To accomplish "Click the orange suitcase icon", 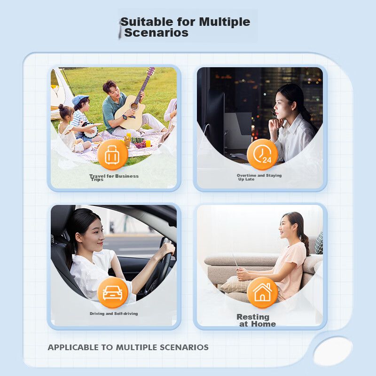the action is pos(112,155).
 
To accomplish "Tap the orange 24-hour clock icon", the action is pos(262,155).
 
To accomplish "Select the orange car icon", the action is pos(112,292).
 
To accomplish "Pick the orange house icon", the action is pos(262,292).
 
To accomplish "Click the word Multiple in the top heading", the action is pos(225,22).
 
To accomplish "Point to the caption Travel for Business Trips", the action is pos(114,178).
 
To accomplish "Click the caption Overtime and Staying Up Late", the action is pos(259,177).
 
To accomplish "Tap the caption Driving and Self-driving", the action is pos(114,313).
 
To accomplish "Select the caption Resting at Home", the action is pos(256,321).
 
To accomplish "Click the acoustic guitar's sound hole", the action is pos(134,106).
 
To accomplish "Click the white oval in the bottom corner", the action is pos(333,351).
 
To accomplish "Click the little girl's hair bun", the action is pos(61,107).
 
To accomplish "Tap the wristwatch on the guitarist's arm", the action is pos(124,117).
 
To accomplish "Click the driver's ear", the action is pos(79,238).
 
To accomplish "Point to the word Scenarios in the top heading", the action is pos(157,32).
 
